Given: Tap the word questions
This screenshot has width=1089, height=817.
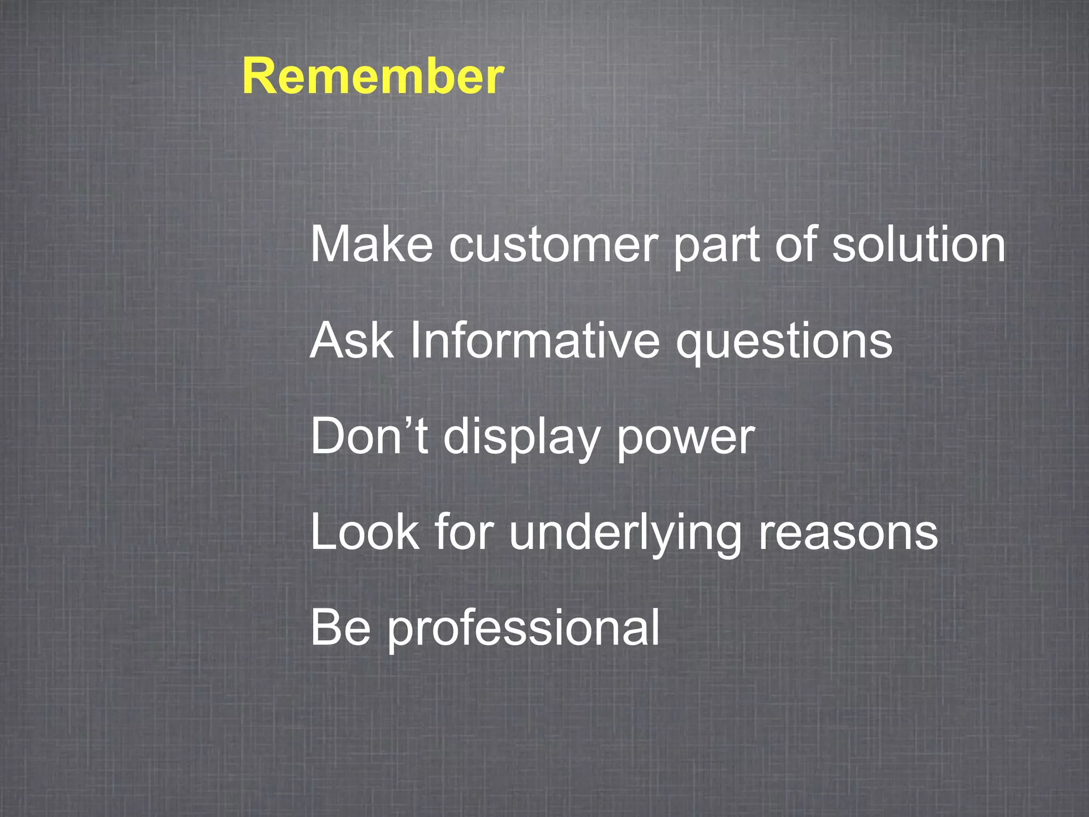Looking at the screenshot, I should coord(784,342).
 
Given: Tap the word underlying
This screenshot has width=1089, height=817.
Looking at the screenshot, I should coord(625,533).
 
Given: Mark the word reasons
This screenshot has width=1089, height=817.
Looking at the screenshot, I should coord(848,533).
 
